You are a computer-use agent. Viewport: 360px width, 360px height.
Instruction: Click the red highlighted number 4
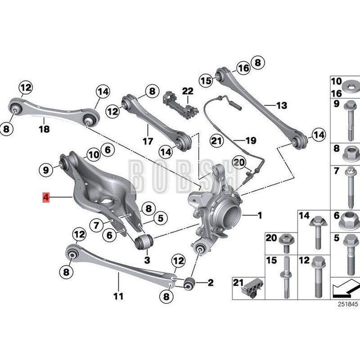pyautogui.click(x=45, y=197)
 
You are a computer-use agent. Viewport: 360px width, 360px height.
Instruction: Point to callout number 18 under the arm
pyautogui.click(x=44, y=129)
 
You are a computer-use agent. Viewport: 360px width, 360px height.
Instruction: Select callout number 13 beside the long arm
pyautogui.click(x=281, y=106)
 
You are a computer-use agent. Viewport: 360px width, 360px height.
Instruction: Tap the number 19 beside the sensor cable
pyautogui.click(x=251, y=140)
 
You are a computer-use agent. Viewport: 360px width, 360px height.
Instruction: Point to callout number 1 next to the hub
pyautogui.click(x=259, y=216)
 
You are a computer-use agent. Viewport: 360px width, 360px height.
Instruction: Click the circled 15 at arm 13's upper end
pyautogui.click(x=206, y=81)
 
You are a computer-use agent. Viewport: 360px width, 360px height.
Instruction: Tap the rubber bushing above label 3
pyautogui.click(x=143, y=241)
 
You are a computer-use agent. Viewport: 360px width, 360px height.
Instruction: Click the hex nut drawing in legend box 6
pyautogui.click(x=350, y=220)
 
